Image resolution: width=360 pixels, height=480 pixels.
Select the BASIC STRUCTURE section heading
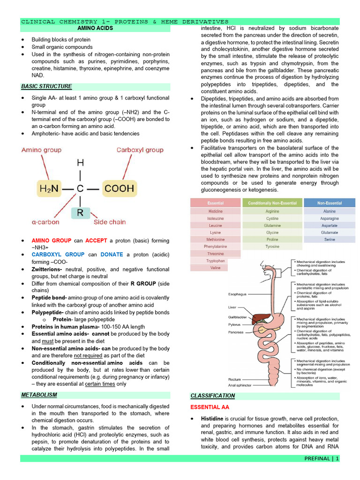click(x=46, y=86)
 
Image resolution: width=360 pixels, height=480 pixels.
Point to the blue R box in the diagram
click(x=80, y=213)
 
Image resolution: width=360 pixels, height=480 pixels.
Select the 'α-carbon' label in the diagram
click(x=45, y=222)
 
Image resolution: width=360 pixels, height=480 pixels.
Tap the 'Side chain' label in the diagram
click(x=110, y=222)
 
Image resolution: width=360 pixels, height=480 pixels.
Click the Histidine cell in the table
click(x=216, y=211)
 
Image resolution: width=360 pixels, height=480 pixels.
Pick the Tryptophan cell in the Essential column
click(x=216, y=261)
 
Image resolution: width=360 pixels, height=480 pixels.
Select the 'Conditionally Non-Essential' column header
click(x=272, y=203)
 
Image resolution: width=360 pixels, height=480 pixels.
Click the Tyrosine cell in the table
click(x=272, y=246)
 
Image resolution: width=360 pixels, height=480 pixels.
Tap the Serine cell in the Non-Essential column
click(x=330, y=239)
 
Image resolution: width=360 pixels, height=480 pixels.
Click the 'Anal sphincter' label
click(x=240, y=385)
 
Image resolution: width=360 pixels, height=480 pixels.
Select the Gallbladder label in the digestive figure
click(x=237, y=317)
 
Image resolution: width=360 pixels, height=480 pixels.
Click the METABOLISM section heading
click(x=39, y=395)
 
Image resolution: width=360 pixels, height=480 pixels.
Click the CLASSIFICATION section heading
click(x=213, y=396)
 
